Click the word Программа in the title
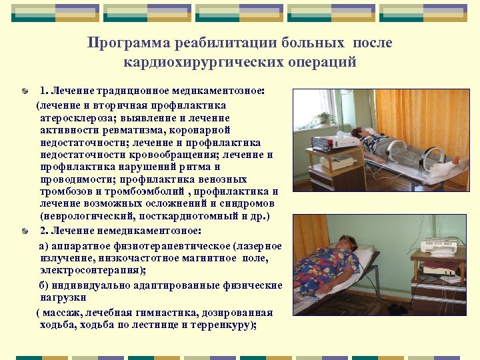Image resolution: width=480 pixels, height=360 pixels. click(128, 43)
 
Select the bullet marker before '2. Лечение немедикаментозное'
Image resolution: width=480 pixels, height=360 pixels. click(25, 231)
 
